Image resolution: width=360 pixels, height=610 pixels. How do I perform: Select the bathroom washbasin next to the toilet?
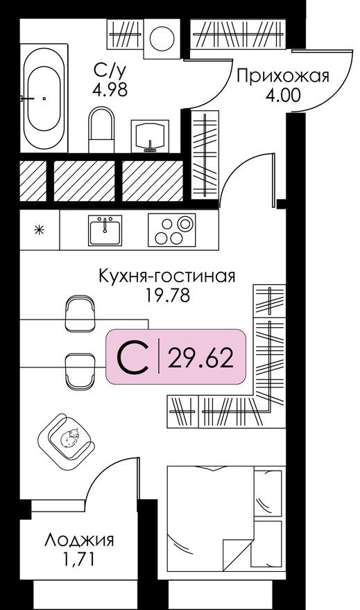click(x=150, y=134)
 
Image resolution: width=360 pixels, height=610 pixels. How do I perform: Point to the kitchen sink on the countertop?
click(x=105, y=230)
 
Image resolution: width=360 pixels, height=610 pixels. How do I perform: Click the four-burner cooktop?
click(x=172, y=230)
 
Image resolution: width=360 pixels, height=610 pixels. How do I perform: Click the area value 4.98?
click(x=110, y=90)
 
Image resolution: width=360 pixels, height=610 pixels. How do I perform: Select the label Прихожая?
click(x=282, y=76)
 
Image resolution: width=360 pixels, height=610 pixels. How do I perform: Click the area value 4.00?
click(x=282, y=95)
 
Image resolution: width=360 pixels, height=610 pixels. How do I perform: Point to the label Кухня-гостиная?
click(x=166, y=277)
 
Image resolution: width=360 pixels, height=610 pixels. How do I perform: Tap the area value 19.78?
click(x=166, y=295)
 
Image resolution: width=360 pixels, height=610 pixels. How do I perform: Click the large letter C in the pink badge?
click(x=132, y=358)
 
